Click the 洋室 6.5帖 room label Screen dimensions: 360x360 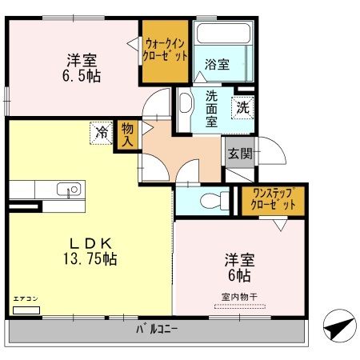coord(82,68)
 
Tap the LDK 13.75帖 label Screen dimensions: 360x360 coord(90,251)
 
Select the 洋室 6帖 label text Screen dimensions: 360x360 coord(239,268)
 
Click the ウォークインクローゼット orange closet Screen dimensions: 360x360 coord(166,51)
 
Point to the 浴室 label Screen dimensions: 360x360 coord(217,64)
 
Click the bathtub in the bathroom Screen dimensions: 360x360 coord(223,34)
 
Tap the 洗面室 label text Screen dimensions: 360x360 coord(211,109)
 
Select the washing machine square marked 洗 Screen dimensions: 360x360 coord(242,107)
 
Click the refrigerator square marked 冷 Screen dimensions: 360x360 coord(102,133)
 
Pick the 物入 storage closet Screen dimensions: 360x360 coord(127,135)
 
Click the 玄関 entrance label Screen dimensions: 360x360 coord(240,153)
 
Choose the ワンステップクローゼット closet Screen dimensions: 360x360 coord(273,201)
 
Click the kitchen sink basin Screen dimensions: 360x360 coord(69,190)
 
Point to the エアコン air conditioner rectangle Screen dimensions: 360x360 coord(26,310)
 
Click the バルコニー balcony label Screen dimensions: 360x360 coord(157,330)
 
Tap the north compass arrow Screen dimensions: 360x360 coord(340,326)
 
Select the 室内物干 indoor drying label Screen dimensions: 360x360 coord(239,297)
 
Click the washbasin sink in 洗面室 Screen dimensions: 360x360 coord(186,102)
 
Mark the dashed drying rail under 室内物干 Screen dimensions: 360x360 coord(240,306)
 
